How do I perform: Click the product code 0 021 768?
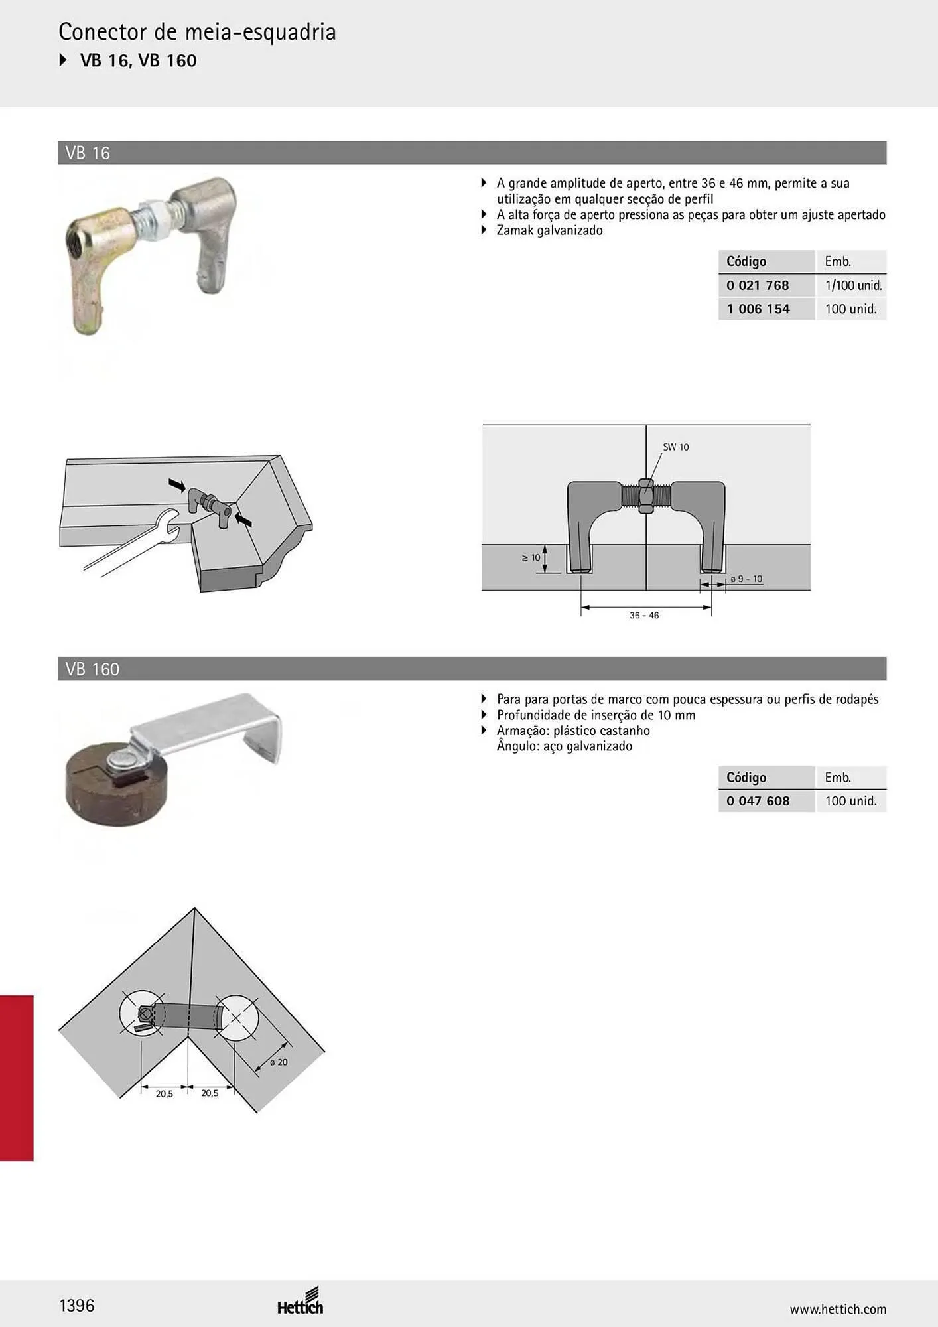758,285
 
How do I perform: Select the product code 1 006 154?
758,309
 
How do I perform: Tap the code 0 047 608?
758,801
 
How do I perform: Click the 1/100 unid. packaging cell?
854,285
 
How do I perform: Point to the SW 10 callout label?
676,447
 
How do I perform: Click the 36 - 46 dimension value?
644,616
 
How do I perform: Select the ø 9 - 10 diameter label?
746,579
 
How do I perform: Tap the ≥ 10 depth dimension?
531,558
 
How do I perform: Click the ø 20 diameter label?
279,1062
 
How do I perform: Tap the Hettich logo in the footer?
301,1302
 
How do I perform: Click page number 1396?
77,1306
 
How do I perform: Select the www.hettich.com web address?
838,1309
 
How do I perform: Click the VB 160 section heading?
92,669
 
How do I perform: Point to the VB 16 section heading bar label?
88,153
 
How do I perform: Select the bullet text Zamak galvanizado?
549,230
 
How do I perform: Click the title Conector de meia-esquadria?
197,32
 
